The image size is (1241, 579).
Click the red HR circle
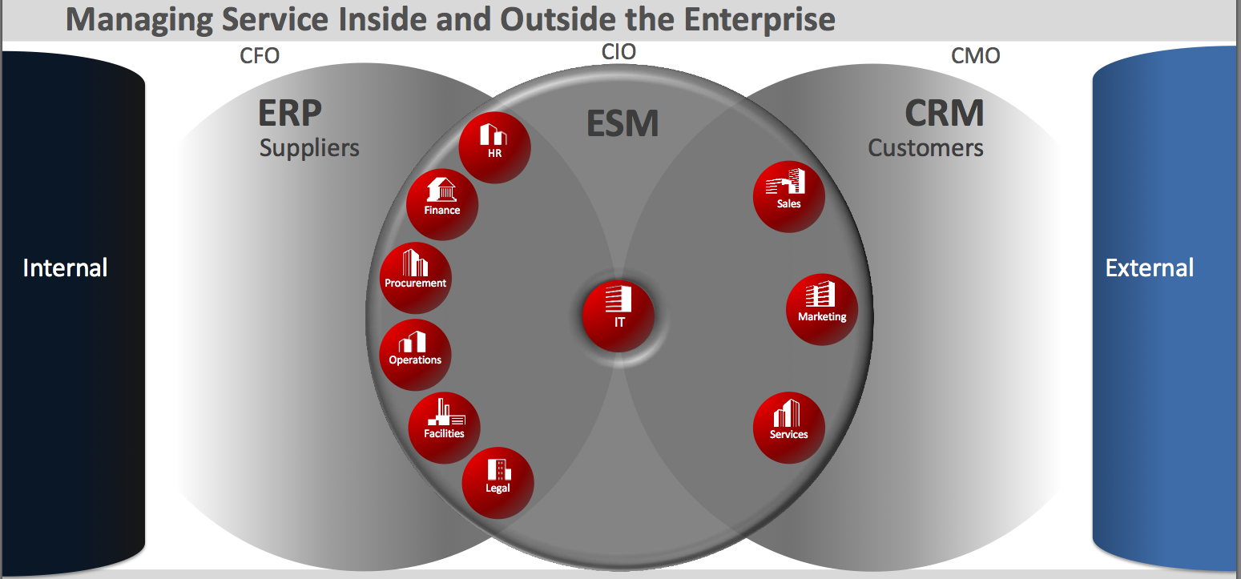coord(494,147)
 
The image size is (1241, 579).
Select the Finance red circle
coord(442,204)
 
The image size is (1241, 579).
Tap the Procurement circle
coord(415,278)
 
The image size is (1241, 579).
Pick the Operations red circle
coord(415,355)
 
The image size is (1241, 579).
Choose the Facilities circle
coord(444,428)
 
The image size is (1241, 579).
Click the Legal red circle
coord(498,483)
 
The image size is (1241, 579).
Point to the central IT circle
coord(618,315)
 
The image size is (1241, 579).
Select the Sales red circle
coord(789,197)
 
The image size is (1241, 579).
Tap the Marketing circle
coord(822,310)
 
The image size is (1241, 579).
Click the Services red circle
coord(789,428)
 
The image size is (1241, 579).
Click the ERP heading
coord(290,114)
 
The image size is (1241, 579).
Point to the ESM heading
coord(623,123)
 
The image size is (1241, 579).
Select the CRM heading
coord(945,114)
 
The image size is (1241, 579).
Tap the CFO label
coord(260,56)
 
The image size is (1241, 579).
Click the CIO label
coord(618,52)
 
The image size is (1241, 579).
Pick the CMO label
coord(975,56)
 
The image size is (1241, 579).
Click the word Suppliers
coord(309,148)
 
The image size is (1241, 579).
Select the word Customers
coord(925,148)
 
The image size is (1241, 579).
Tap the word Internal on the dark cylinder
coord(65,267)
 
